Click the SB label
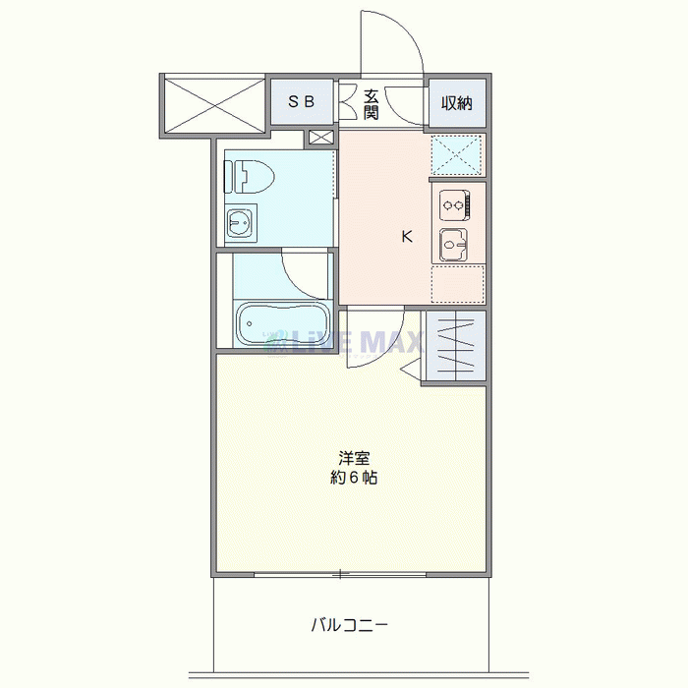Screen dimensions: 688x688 tap(301, 102)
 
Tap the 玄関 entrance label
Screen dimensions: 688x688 tap(371, 105)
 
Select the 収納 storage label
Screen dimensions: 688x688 tap(457, 103)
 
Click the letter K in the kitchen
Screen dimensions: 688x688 tap(407, 237)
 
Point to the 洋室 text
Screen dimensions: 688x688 tap(354, 458)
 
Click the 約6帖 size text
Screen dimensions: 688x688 tap(354, 478)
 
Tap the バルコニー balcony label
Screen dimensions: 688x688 tap(350, 625)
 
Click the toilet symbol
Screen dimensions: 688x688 tap(249, 176)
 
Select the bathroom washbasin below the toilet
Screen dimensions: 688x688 tap(239, 222)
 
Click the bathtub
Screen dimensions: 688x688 tap(283, 323)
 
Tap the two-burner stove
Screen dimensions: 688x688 tap(455, 204)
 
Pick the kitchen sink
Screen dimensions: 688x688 tap(454, 245)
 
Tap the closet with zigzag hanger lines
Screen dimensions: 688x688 tap(456, 346)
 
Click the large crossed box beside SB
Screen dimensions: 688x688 tap(214, 105)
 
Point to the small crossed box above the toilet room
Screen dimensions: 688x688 tap(321, 138)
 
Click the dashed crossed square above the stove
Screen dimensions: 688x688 tap(456, 155)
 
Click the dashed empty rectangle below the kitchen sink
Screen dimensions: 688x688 tap(458, 283)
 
